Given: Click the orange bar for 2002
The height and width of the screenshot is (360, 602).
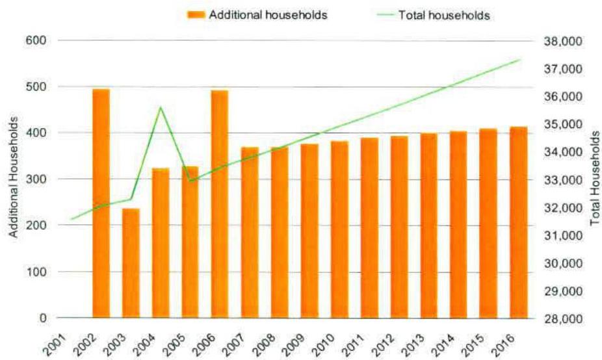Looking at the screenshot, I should click(101, 203).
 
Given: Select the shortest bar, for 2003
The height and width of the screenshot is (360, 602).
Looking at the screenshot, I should click(131, 263).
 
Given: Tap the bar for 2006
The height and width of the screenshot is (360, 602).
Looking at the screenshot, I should click(220, 204).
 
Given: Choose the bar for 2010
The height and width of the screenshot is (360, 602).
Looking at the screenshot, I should click(339, 229).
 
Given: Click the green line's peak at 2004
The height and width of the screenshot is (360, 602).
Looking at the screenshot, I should click(161, 107).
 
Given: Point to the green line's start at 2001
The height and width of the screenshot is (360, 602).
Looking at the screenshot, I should click(71, 219).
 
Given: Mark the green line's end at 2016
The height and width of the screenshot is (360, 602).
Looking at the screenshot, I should click(521, 60).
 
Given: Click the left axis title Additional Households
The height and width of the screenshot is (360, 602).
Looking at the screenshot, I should click(12, 179).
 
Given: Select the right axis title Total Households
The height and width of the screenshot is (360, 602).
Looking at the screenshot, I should click(594, 179).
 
